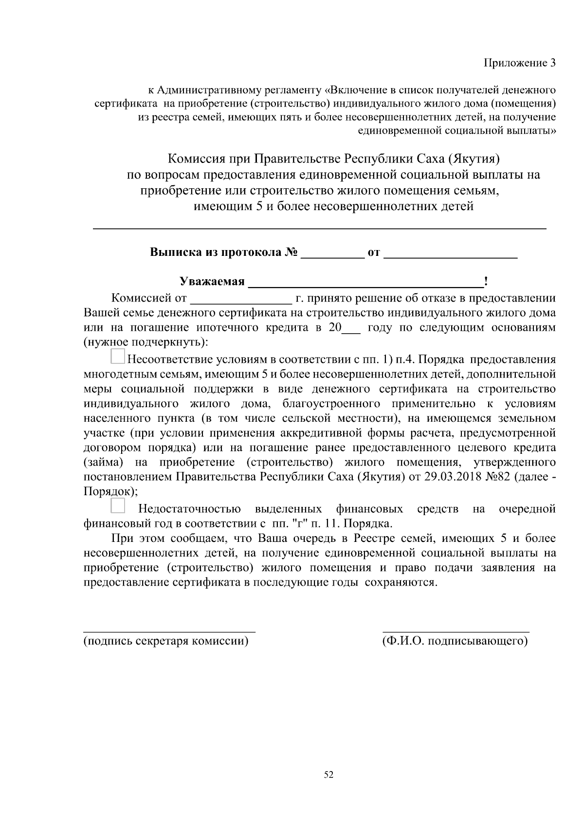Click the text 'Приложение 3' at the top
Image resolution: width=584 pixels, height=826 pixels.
[x=519, y=63]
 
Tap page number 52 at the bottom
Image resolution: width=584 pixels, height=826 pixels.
[x=328, y=774]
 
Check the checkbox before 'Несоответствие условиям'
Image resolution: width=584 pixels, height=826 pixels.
[x=118, y=356]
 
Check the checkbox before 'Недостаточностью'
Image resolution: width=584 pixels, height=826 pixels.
[x=118, y=505]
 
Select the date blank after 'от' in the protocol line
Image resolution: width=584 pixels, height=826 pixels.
[x=451, y=254]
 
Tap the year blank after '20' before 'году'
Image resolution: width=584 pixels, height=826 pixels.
[x=351, y=328]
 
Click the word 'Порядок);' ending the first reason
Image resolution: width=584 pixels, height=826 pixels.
[x=110, y=491]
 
